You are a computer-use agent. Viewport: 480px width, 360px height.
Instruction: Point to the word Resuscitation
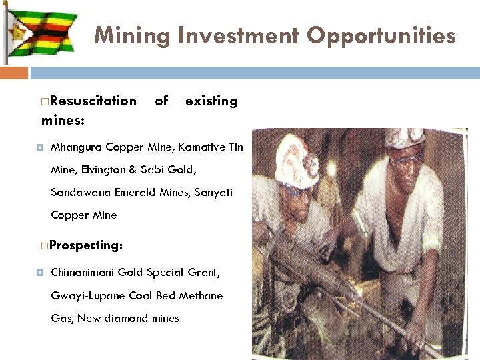pyautogui.click(x=93, y=101)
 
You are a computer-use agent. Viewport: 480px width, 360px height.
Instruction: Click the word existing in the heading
pyautogui.click(x=211, y=101)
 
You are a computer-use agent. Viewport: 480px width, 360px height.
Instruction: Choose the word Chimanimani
pyautogui.click(x=83, y=273)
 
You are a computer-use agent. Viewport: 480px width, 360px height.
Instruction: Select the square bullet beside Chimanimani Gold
pyautogui.click(x=42, y=273)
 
